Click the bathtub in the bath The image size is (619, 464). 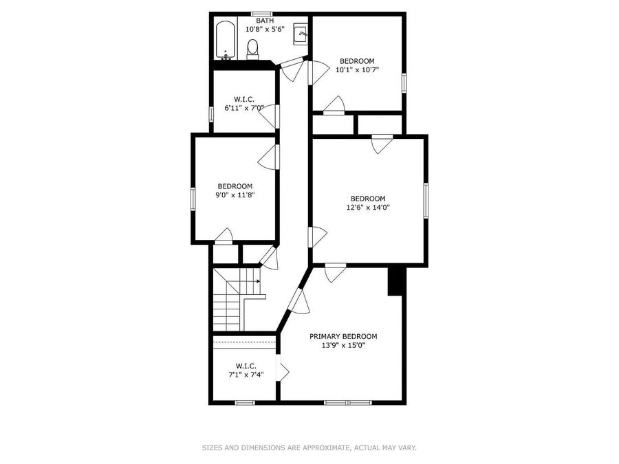tap(226, 40)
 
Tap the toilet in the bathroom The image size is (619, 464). tap(252, 49)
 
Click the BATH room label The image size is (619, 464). tap(265, 21)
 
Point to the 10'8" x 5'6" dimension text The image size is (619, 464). tap(265, 29)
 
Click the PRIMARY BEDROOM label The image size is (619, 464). tap(343, 337)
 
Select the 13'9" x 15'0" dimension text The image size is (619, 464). tap(343, 346)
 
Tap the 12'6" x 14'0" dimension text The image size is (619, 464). tap(368, 208)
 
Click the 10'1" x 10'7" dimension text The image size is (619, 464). tap(357, 70)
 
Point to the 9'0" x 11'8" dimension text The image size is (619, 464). tap(235, 195)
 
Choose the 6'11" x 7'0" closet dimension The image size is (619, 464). tap(244, 108)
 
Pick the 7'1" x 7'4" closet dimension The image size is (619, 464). tap(246, 375)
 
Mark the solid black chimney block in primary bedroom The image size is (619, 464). tap(395, 281)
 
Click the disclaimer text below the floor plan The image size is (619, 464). tap(309, 448)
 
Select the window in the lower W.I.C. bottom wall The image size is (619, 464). tap(245, 402)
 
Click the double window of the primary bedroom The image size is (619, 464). tap(348, 402)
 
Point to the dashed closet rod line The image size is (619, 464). tap(244, 342)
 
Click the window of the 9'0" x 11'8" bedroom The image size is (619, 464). tap(193, 199)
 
